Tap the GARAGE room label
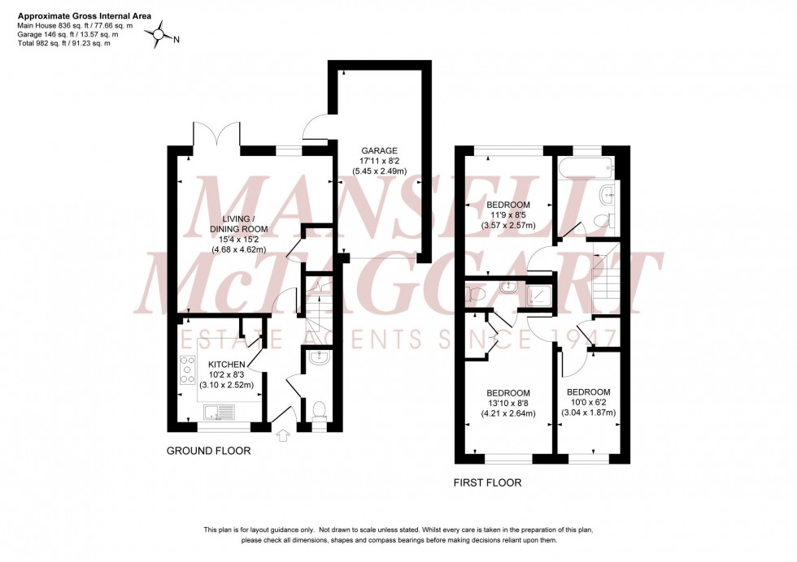379,150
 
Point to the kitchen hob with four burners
185,370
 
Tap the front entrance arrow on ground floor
283,436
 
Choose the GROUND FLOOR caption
209,451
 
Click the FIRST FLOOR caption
487,483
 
